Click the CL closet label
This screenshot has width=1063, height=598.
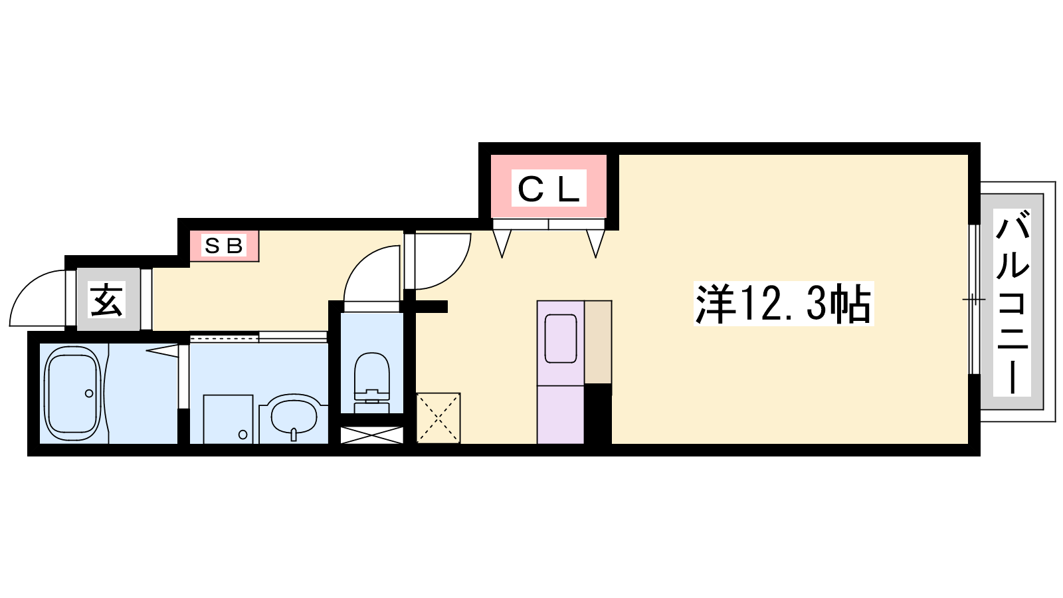(549, 188)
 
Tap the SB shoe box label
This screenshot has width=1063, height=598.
(223, 246)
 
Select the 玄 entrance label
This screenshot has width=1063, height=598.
(107, 300)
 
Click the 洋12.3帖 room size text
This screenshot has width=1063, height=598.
(783, 304)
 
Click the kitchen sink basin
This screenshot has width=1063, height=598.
(561, 339)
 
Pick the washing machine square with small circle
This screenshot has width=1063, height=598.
(228, 419)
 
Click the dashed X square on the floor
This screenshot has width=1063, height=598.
(438, 418)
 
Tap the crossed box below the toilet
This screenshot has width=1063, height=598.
(372, 435)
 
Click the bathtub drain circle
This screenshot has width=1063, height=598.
(89, 393)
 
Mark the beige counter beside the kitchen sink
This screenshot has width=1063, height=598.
(598, 342)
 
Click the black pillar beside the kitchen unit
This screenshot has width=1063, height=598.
(598, 414)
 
